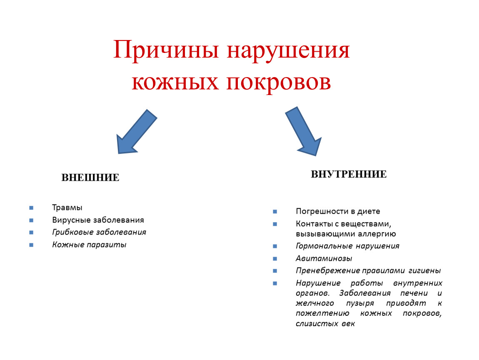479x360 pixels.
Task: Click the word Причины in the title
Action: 166,50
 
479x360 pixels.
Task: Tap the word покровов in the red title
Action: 278,82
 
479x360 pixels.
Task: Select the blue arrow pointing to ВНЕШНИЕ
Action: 136,132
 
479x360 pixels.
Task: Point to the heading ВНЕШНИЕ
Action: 90,177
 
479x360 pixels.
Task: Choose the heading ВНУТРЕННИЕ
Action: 349,174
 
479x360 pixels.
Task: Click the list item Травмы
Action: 67,208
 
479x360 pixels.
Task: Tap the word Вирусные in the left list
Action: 72,220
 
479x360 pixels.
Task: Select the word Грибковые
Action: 72,232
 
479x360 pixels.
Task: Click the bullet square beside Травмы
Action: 31,208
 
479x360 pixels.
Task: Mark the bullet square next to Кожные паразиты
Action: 31,245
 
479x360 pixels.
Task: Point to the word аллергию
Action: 377,234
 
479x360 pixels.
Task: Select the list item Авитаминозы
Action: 324,258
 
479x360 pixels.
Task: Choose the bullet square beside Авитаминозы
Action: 275,258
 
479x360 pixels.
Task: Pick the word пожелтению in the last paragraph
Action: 322,314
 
